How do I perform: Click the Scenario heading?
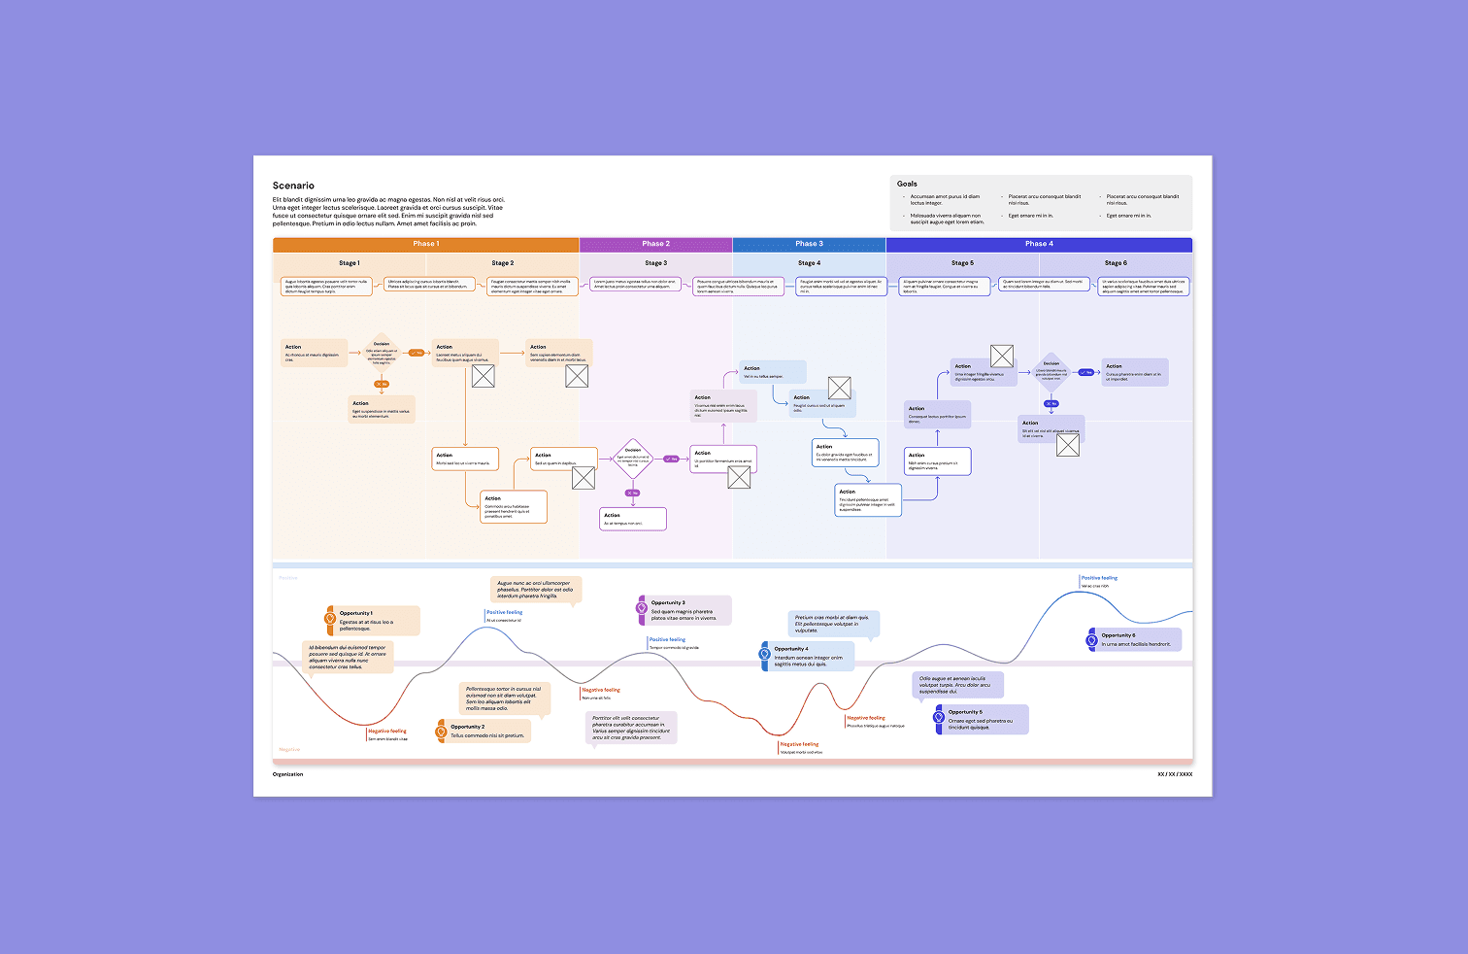(x=293, y=186)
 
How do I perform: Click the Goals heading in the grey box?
(x=907, y=184)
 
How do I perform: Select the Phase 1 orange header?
(x=425, y=244)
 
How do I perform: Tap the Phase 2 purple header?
(x=655, y=244)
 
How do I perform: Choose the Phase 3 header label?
(x=809, y=244)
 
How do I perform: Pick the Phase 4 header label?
(x=1038, y=244)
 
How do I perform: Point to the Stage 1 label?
(x=349, y=263)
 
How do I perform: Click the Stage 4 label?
(x=809, y=263)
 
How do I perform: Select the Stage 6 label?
(x=1116, y=263)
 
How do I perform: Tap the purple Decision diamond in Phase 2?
(x=633, y=459)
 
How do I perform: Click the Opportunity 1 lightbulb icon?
(x=330, y=618)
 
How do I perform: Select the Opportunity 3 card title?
(x=668, y=603)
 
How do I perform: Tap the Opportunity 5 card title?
(x=965, y=712)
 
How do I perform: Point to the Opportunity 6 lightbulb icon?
(x=1092, y=640)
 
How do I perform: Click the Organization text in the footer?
(x=287, y=774)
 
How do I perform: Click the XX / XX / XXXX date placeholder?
(x=1175, y=774)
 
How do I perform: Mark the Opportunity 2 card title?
(x=467, y=727)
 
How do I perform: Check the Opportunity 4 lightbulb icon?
(x=765, y=654)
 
